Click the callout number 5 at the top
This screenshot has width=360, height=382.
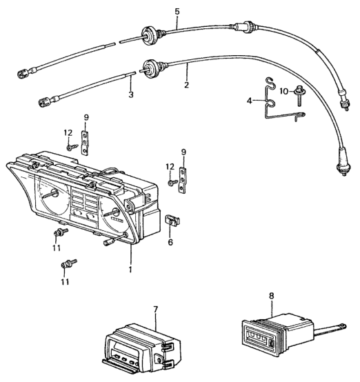pyautogui.click(x=177, y=12)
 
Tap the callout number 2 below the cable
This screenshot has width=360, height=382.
pyautogui.click(x=186, y=85)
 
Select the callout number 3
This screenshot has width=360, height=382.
pyautogui.click(x=131, y=94)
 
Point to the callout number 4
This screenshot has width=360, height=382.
pyautogui.click(x=249, y=101)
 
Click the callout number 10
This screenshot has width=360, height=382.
pyautogui.click(x=284, y=91)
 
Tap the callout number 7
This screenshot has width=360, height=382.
pyautogui.click(x=156, y=309)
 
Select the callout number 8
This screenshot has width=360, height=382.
pyautogui.click(x=271, y=296)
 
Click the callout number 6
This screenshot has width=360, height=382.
pyautogui.click(x=170, y=242)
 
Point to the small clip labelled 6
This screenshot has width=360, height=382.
pyautogui.click(x=172, y=220)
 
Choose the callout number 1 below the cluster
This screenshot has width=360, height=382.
pyautogui.click(x=130, y=269)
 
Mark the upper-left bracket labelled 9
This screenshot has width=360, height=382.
pyautogui.click(x=85, y=143)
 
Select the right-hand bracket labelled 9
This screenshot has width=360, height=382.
pyautogui.click(x=182, y=180)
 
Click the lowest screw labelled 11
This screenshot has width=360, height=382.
pyautogui.click(x=68, y=264)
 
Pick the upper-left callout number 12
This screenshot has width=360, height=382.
pyautogui.click(x=68, y=133)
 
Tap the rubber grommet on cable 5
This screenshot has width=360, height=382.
pyautogui.click(x=149, y=37)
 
